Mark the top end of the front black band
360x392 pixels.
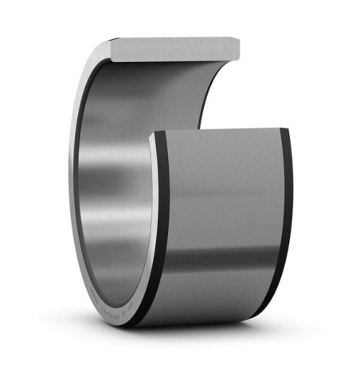(157, 136)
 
